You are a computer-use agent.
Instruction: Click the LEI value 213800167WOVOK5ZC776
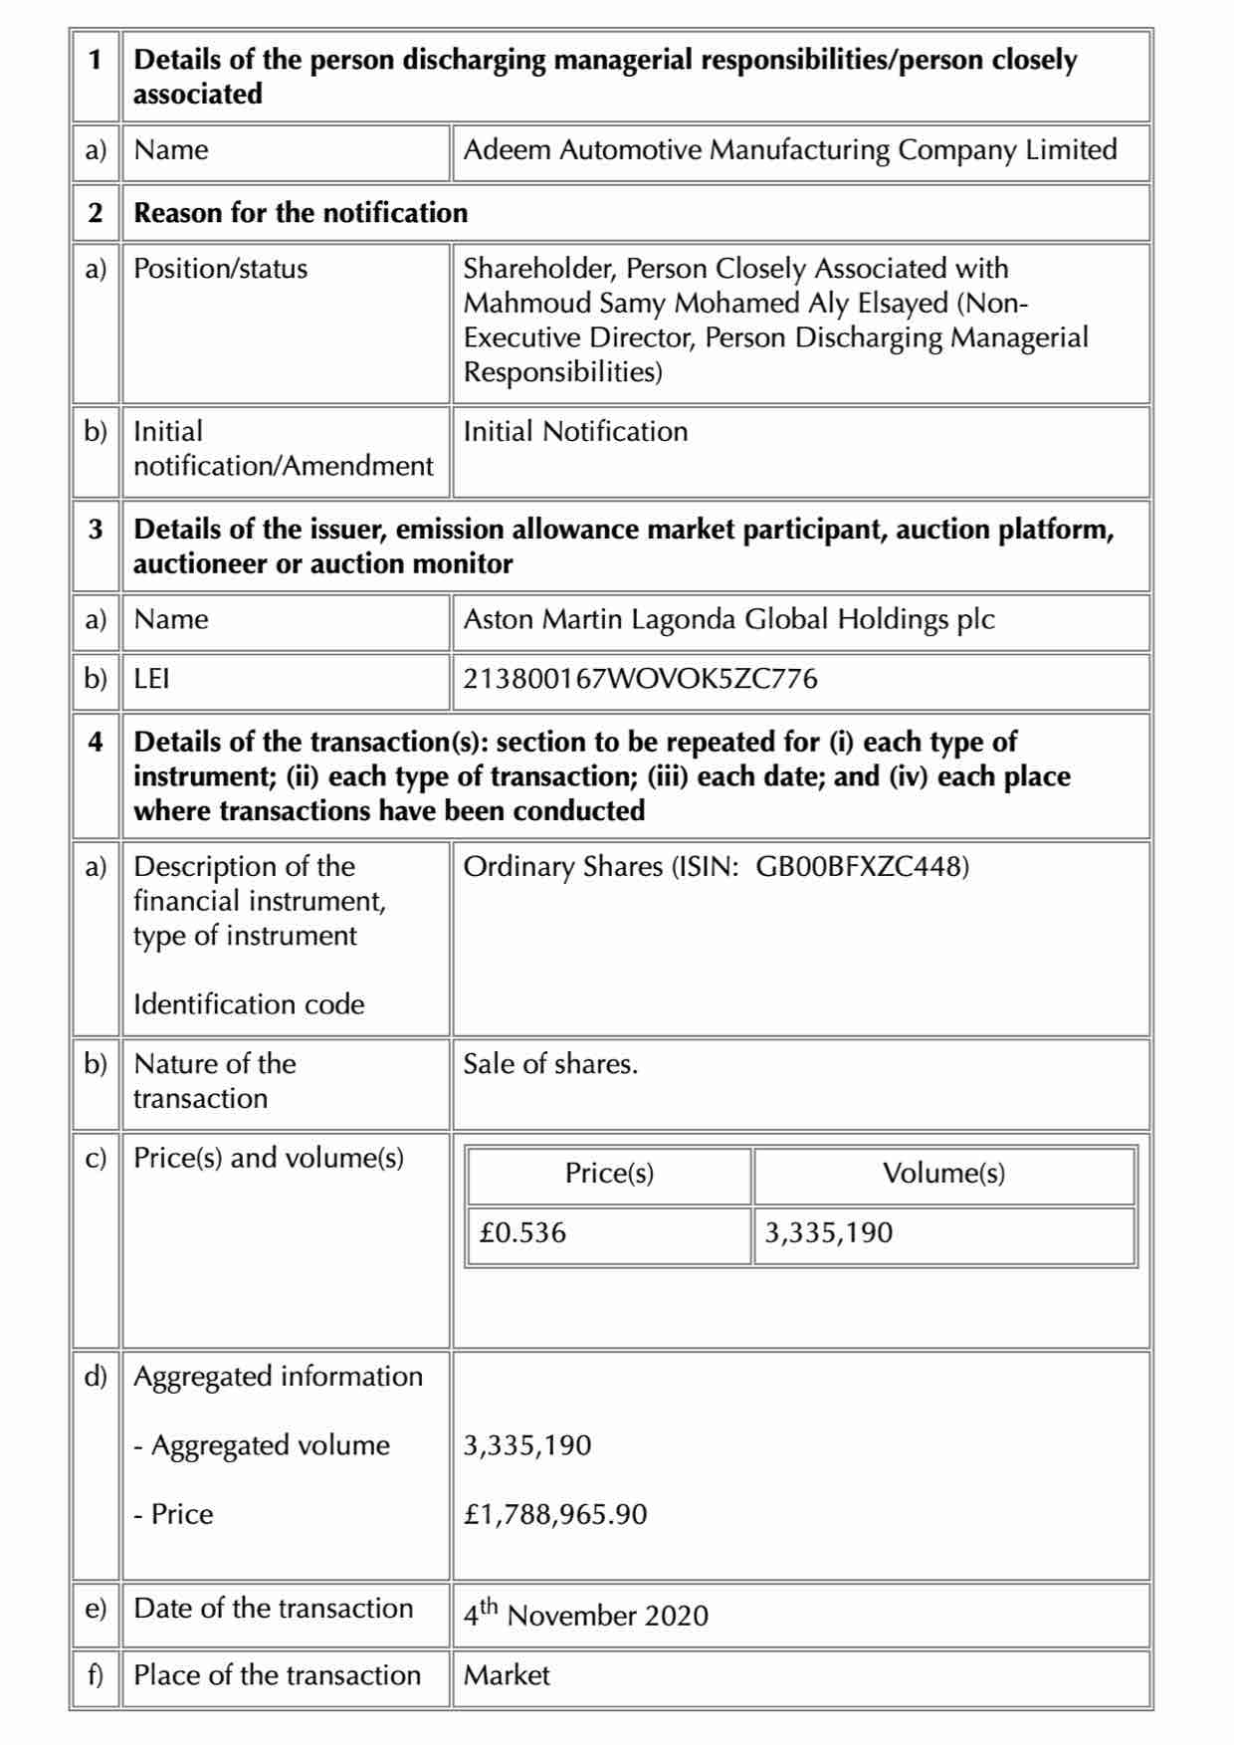[640, 679]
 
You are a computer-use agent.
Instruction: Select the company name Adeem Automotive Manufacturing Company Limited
[790, 150]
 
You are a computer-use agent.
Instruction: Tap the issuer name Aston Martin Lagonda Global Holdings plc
[728, 619]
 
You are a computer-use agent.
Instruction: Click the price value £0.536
[522, 1232]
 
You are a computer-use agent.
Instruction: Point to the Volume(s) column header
[943, 1174]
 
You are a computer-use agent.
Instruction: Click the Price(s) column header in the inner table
[609, 1174]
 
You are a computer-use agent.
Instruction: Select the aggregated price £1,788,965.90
[555, 1514]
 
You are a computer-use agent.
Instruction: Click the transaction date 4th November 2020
[585, 1614]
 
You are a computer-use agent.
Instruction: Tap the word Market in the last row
[507, 1675]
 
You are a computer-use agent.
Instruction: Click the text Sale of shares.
[550, 1064]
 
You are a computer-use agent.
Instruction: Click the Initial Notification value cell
[575, 431]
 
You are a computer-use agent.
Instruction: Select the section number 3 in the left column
[96, 529]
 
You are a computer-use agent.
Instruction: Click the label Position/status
[221, 269]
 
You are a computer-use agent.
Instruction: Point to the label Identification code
[249, 1003]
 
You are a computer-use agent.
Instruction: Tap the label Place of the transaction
[277, 1675]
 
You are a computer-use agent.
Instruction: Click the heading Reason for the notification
[301, 213]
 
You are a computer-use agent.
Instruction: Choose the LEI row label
[151, 679]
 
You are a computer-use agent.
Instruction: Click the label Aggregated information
[278, 1376]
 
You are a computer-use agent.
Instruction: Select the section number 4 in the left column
[96, 742]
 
